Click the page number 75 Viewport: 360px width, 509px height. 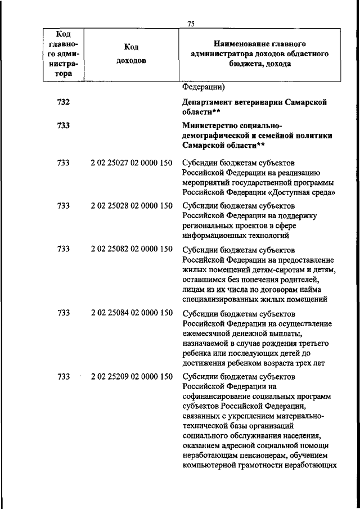(191, 24)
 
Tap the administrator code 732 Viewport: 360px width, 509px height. (64, 102)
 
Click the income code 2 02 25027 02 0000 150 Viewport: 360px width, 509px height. (131, 163)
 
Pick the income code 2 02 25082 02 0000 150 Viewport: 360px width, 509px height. (131, 249)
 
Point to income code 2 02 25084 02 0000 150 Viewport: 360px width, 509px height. (131, 313)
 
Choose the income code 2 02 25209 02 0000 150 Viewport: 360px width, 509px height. (131, 377)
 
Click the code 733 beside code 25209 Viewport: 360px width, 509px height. (64, 377)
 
